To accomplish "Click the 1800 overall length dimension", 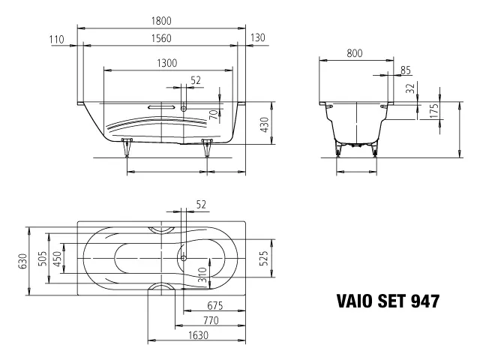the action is pyautogui.click(x=161, y=21).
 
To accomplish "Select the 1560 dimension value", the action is pyautogui.click(x=161, y=38).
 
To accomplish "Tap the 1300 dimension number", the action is pyautogui.click(x=166, y=63).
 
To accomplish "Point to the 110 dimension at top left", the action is pyautogui.click(x=57, y=40).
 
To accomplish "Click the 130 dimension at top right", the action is pyautogui.click(x=257, y=37).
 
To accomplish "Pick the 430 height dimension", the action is pyautogui.click(x=264, y=124).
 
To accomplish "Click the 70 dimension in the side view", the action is pyautogui.click(x=215, y=114).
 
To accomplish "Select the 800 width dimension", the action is pyautogui.click(x=355, y=53).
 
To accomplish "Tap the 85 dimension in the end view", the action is pyautogui.click(x=405, y=70).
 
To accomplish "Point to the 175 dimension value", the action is pyautogui.click(x=433, y=111).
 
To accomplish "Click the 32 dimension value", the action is pyautogui.click(x=410, y=88).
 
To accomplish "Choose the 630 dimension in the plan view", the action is pyautogui.click(x=23, y=261).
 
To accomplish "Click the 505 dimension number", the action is pyautogui.click(x=43, y=259).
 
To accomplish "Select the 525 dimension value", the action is pyautogui.click(x=264, y=258).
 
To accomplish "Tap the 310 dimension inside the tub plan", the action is pyautogui.click(x=202, y=274).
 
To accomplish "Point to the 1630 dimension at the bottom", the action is pyautogui.click(x=198, y=335).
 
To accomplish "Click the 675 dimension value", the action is pyautogui.click(x=215, y=305).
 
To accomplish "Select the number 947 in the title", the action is pyautogui.click(x=425, y=301).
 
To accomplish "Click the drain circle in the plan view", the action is pyautogui.click(x=184, y=258).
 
